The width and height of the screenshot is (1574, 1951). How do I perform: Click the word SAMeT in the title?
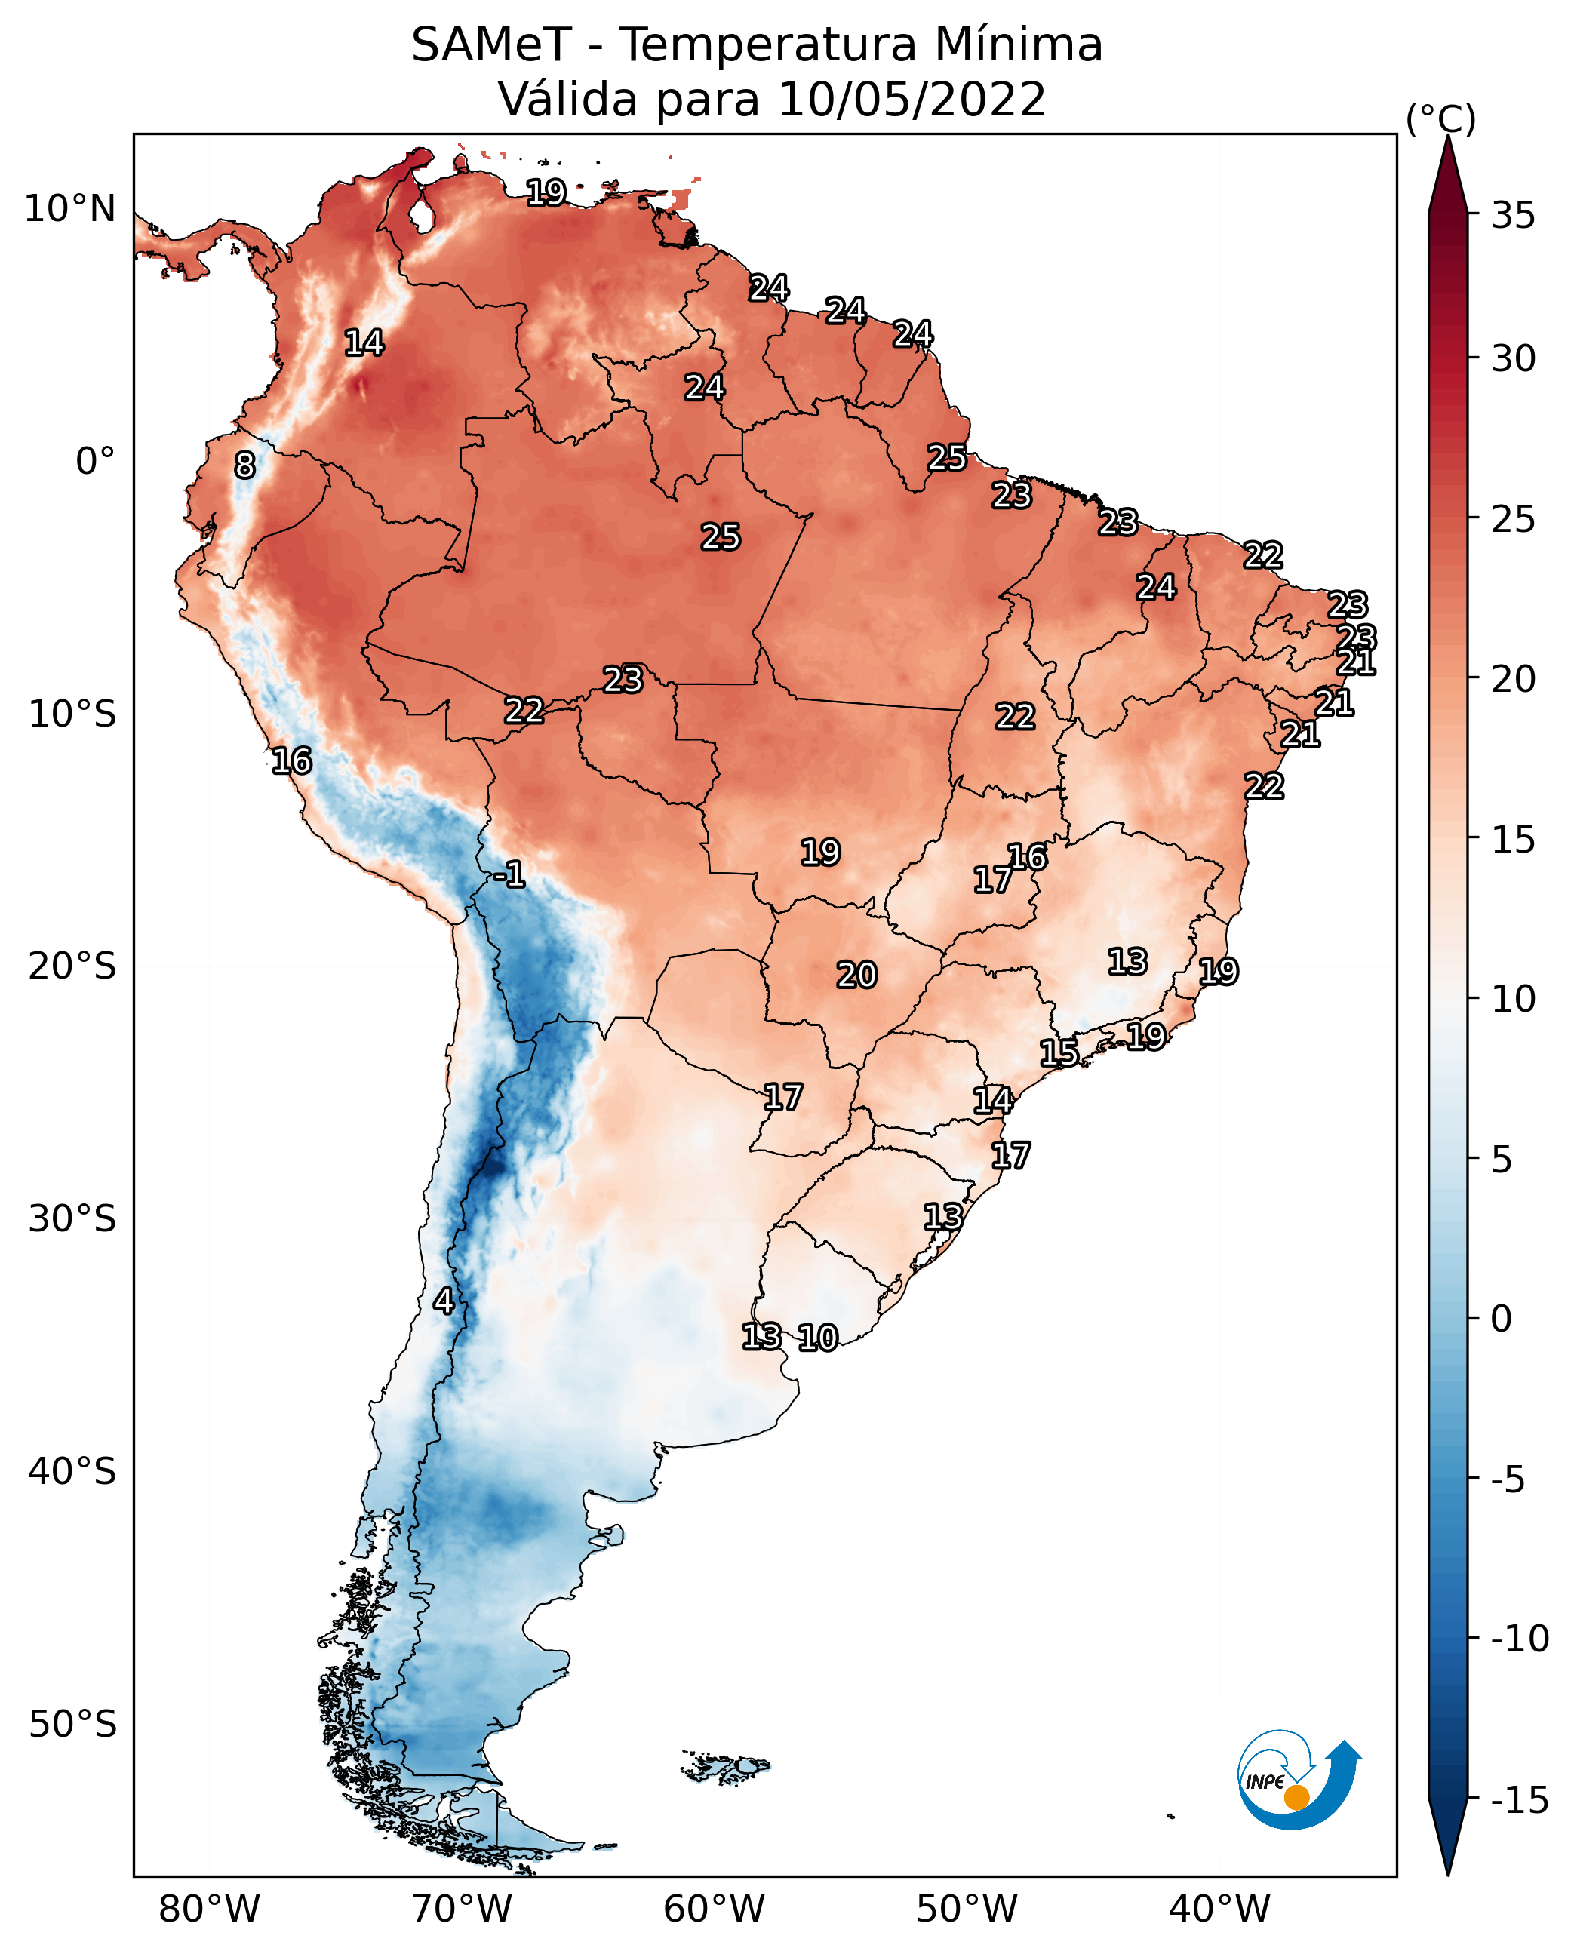pyautogui.click(x=490, y=45)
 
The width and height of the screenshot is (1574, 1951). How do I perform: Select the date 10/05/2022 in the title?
pyautogui.click(x=912, y=100)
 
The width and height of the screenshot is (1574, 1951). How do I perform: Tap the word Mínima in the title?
pyautogui.click(x=1018, y=45)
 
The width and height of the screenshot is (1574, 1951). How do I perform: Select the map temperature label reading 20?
pyautogui.click(x=856, y=975)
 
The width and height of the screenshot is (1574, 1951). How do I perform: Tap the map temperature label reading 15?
pyautogui.click(x=1058, y=1052)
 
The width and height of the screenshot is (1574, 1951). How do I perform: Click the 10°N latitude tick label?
pyautogui.click(x=70, y=210)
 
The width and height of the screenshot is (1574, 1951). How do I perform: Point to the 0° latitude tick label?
pyautogui.click(x=95, y=462)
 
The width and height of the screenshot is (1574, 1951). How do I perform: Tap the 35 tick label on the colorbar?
pyautogui.click(x=1513, y=216)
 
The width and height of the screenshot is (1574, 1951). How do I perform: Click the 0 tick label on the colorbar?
pyautogui.click(x=1502, y=1319)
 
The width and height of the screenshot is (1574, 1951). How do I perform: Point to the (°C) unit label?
pyautogui.click(x=1440, y=118)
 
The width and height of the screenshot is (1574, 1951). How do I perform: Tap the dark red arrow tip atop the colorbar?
pyautogui.click(x=1448, y=172)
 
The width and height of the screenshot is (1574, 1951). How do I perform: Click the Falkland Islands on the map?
pyautogui.click(x=725, y=1766)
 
